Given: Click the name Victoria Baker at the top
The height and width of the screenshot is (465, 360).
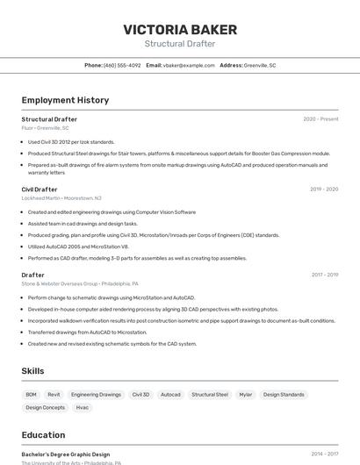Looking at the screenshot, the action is point(180,30).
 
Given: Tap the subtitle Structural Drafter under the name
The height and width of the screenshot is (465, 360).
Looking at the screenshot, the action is point(180,44).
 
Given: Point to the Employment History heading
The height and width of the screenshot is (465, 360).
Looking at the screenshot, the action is point(65,100).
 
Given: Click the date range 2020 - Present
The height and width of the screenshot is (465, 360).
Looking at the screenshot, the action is point(320,119).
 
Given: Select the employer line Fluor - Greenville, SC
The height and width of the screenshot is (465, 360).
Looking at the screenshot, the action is point(46,128).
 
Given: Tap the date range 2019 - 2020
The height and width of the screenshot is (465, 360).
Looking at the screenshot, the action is point(324,189).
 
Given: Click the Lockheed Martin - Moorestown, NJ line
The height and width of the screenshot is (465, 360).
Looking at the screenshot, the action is point(61,197).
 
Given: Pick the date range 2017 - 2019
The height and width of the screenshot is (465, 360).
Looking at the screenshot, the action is point(324,275).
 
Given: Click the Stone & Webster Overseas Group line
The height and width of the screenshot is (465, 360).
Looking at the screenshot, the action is point(80,283).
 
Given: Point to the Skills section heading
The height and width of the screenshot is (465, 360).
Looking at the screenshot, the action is point(33,371).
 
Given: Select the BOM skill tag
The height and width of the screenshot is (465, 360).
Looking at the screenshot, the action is point(32,395).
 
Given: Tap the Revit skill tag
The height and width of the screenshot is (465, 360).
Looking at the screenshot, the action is point(54,395).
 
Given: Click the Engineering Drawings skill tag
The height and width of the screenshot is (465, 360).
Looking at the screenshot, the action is point(96,395).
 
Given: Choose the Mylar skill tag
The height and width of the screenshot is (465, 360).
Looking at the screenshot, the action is point(245,395).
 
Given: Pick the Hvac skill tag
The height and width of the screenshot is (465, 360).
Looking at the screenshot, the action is point(83,407).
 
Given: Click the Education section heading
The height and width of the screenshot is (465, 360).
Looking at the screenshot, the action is point(43,435).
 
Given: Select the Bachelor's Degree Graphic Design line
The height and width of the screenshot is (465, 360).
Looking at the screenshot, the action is point(66,454).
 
